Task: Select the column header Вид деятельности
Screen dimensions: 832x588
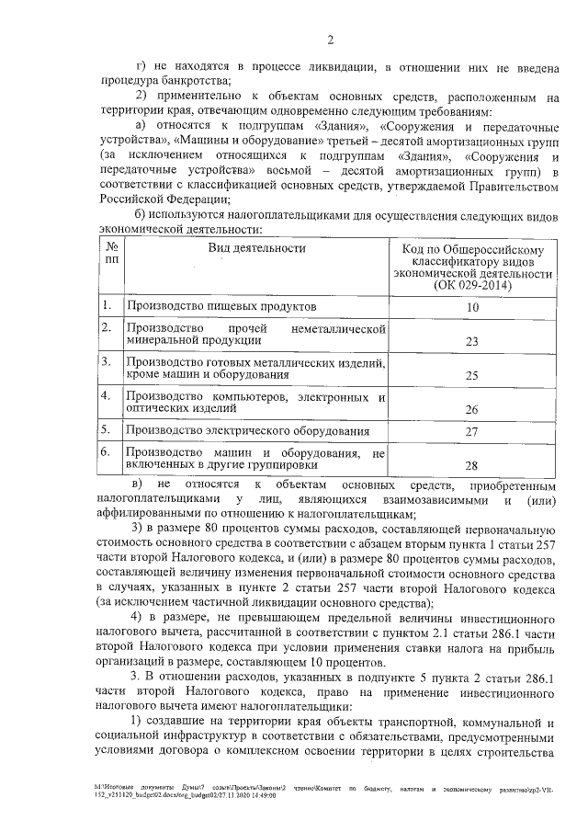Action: point(255,248)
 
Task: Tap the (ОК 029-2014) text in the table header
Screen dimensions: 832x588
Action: point(472,285)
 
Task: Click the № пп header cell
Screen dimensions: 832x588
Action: point(109,255)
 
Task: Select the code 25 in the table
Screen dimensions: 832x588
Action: point(472,375)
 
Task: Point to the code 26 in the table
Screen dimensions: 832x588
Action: point(472,409)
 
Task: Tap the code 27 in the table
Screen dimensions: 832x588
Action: point(472,431)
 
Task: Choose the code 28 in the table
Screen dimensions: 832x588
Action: point(472,465)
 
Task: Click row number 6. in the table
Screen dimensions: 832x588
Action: point(107,451)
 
